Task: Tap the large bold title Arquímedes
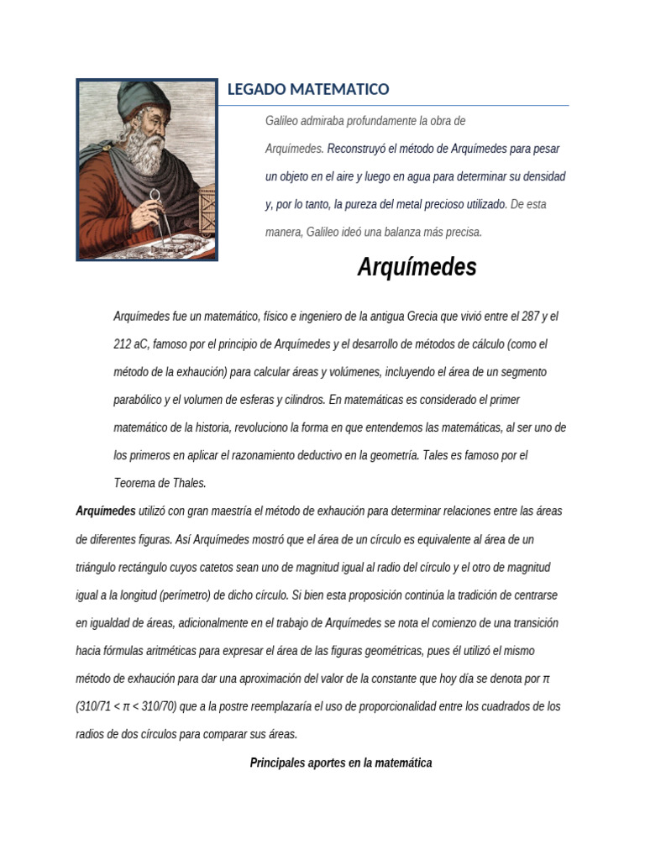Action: coord(417,267)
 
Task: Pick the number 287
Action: coord(528,317)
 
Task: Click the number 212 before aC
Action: coord(122,344)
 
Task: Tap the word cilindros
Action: coord(298,400)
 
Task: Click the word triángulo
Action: coord(97,567)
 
